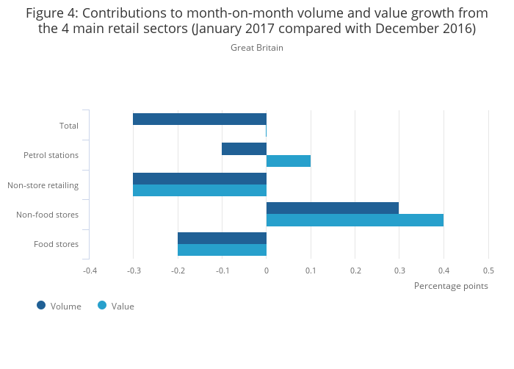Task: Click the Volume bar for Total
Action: (200, 119)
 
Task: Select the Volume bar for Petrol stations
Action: (244, 148)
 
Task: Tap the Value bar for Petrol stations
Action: (289, 161)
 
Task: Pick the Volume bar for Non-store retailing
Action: (200, 179)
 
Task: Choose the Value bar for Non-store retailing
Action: (200, 190)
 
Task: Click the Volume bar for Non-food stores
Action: (333, 208)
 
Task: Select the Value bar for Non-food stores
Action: (355, 220)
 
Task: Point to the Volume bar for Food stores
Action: (222, 238)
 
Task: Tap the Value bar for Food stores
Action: (222, 250)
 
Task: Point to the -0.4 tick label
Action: (90, 271)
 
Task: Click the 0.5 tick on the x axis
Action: (488, 271)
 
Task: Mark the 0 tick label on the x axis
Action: (267, 271)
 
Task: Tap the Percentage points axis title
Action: (451, 285)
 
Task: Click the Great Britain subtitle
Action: (257, 48)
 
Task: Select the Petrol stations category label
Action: (51, 155)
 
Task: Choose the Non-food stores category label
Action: (47, 215)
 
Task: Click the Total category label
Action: (69, 126)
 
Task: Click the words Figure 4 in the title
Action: (52, 12)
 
